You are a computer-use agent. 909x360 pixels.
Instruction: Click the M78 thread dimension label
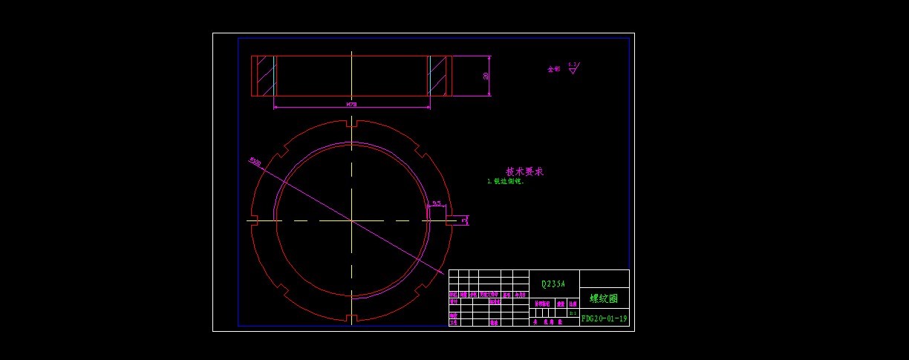pyautogui.click(x=351, y=105)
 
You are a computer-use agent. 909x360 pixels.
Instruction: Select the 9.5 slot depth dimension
pyautogui.click(x=436, y=203)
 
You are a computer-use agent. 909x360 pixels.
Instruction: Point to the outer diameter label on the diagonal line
pyautogui.click(x=255, y=160)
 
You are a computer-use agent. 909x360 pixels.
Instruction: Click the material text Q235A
pyautogui.click(x=553, y=284)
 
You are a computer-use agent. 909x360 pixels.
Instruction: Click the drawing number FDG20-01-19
pyautogui.click(x=605, y=318)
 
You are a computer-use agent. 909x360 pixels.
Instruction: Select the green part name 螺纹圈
pyautogui.click(x=604, y=298)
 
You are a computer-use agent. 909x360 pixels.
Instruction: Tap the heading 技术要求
pyautogui.click(x=525, y=171)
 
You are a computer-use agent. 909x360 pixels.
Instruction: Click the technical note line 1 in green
pyautogui.click(x=506, y=181)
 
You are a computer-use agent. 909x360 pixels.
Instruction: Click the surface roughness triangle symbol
pyautogui.click(x=573, y=68)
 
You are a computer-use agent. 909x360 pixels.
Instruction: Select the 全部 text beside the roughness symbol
pyautogui.click(x=554, y=69)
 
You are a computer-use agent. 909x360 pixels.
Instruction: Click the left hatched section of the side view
pyautogui.click(x=265, y=76)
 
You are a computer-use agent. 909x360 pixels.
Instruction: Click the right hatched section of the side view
pyautogui.click(x=438, y=76)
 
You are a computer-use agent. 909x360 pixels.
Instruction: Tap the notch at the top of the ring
pyautogui.click(x=352, y=123)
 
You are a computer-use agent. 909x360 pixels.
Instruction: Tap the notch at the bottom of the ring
pyautogui.click(x=352, y=318)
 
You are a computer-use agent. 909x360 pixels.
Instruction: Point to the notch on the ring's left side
pyautogui.click(x=253, y=220)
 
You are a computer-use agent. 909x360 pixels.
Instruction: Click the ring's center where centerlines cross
pyautogui.click(x=352, y=220)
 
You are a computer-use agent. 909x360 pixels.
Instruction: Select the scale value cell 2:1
pyautogui.click(x=573, y=313)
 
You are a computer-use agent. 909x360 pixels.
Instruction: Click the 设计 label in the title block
pyautogui.click(x=454, y=302)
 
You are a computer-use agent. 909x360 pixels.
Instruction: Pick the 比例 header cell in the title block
pyautogui.click(x=573, y=304)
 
